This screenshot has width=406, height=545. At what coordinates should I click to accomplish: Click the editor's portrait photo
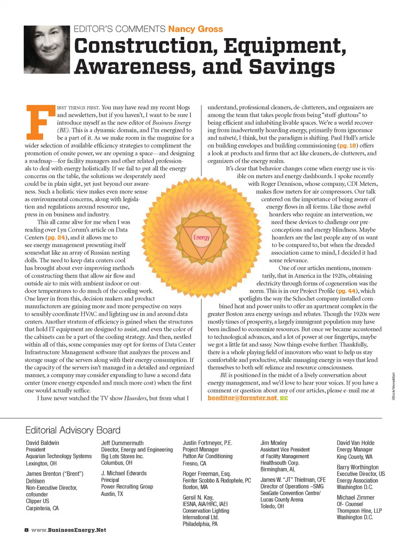46,50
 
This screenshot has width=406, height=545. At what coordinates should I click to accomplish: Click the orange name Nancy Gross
195,29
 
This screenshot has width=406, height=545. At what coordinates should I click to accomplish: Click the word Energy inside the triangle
201,237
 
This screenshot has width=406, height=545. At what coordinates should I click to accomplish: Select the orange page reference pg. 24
56,237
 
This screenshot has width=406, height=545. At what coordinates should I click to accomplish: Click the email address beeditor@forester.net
242,398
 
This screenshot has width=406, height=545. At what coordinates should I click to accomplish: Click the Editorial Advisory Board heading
73,430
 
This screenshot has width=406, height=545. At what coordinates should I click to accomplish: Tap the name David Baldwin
42,443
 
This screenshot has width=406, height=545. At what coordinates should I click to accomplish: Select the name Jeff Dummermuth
122,443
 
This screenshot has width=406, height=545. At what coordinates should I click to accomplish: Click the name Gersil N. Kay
198,497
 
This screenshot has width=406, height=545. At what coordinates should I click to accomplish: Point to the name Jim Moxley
274,443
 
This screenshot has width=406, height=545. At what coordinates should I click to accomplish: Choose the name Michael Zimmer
355,497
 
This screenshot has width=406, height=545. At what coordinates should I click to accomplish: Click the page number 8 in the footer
26,530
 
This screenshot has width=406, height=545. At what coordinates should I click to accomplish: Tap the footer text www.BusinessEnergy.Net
69,530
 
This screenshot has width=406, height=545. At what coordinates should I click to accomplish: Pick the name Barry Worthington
357,467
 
